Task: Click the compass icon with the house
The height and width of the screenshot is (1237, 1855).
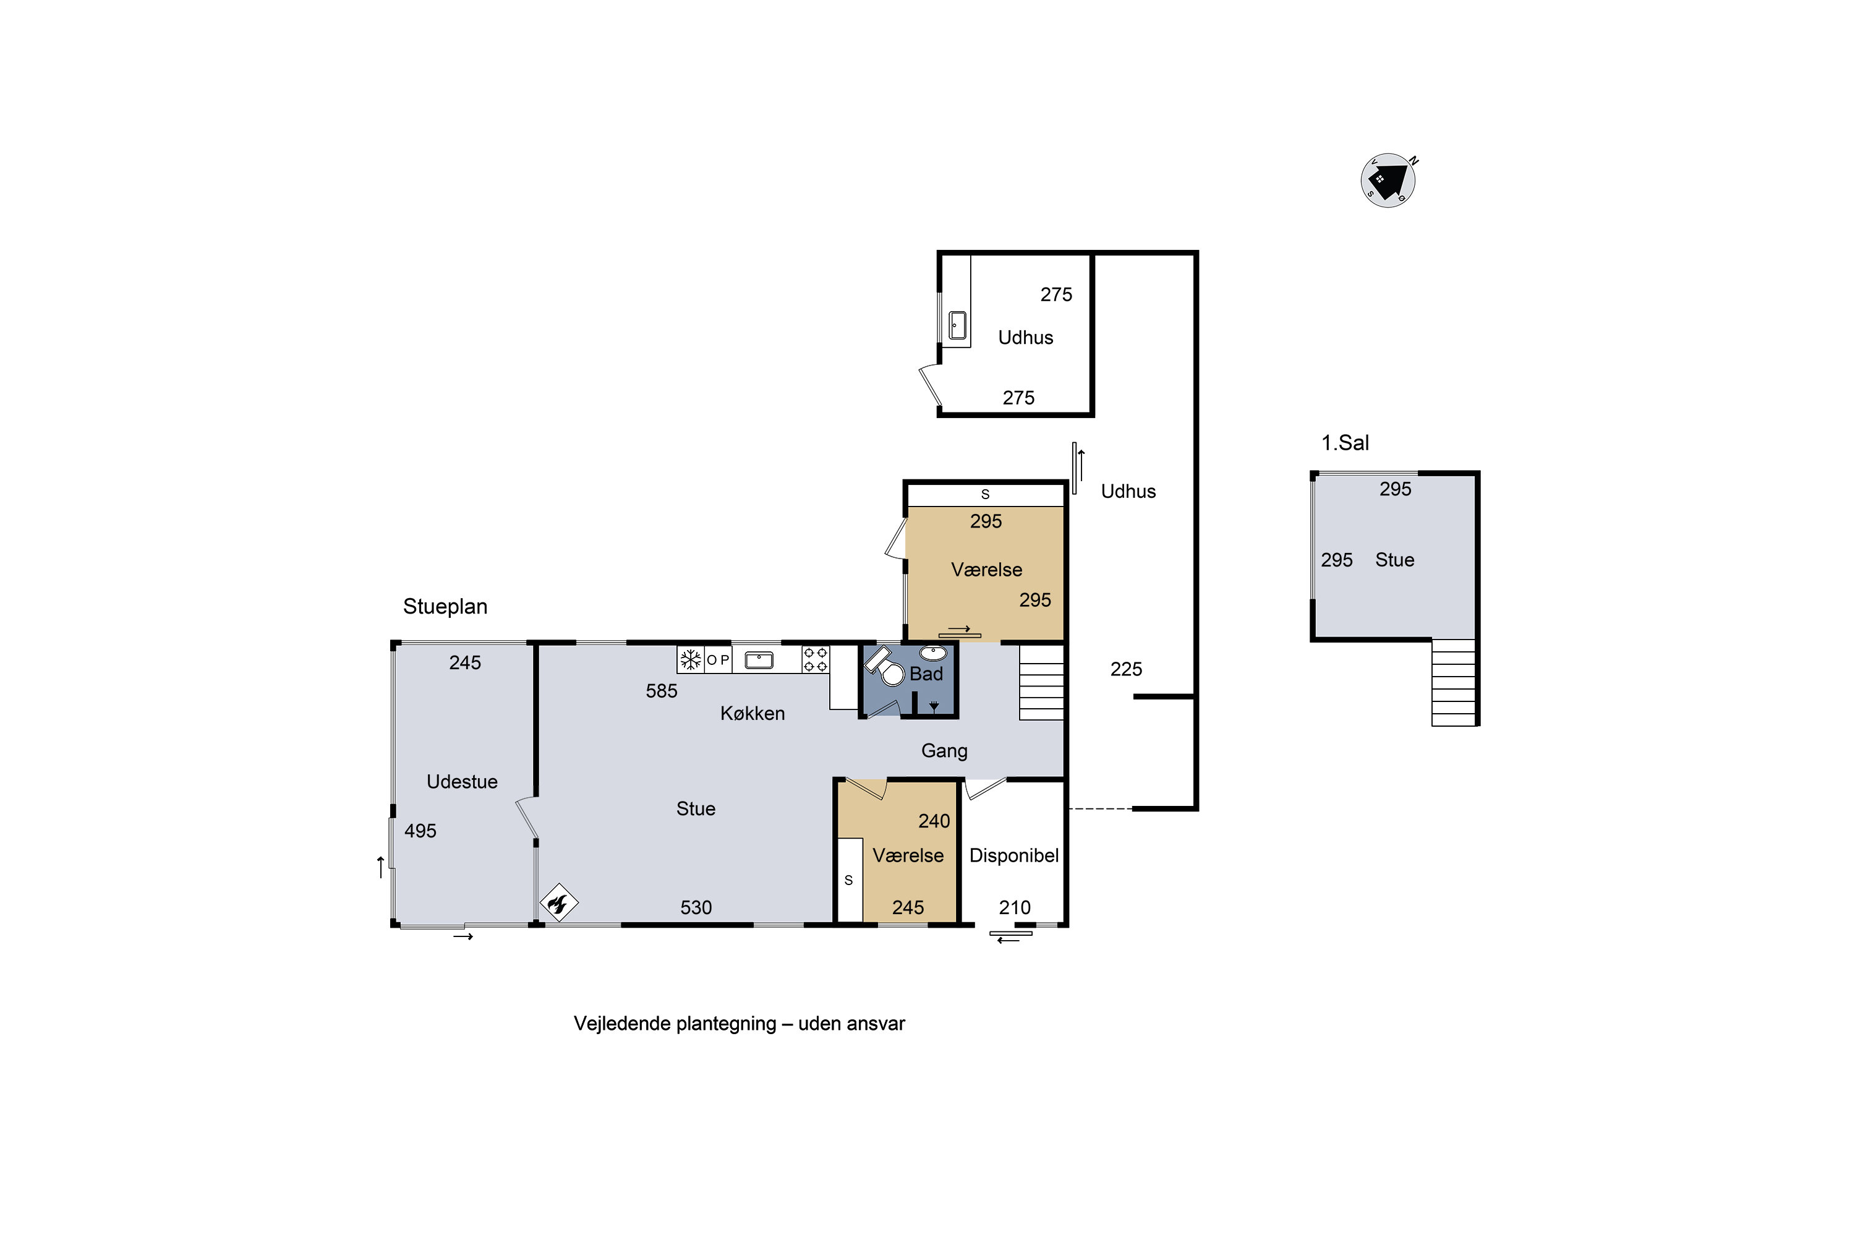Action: [1388, 180]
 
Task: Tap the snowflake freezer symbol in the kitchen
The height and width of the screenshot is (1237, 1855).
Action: [691, 659]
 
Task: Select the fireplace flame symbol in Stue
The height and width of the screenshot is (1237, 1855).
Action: [559, 902]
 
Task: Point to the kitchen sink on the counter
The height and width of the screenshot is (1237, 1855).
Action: [759, 659]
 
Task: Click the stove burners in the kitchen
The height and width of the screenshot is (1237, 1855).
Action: [816, 659]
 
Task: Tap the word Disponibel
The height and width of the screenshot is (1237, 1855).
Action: [1013, 856]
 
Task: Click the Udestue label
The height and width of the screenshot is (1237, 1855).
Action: [462, 782]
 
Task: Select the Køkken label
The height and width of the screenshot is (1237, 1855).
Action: [753, 714]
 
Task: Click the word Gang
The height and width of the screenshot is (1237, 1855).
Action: [944, 751]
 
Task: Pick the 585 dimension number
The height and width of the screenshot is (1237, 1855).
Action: [662, 691]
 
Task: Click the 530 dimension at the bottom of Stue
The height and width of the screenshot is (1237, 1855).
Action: [696, 908]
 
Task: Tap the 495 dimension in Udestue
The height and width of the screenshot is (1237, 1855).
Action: [420, 831]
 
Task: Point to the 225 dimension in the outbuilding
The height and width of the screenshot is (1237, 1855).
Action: [1126, 670]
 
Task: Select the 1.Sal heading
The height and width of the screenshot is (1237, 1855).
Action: [1345, 443]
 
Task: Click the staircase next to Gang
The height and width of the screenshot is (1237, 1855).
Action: [1042, 682]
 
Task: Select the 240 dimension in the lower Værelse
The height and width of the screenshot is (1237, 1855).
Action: [934, 821]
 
